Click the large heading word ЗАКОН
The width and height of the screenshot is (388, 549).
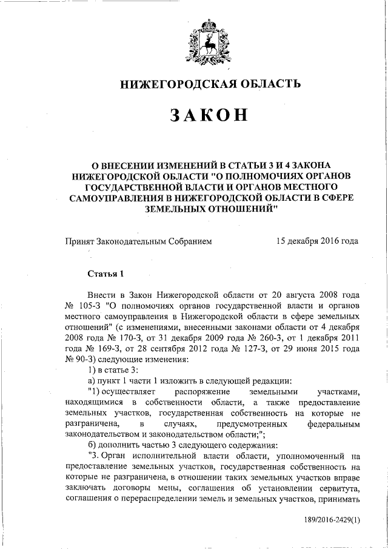pyautogui.click(x=209, y=115)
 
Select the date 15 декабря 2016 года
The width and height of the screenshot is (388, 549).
pyautogui.click(x=317, y=241)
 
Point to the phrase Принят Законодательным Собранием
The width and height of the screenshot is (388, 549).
pyautogui.click(x=139, y=241)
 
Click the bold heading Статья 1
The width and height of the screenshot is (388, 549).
pyautogui.click(x=105, y=273)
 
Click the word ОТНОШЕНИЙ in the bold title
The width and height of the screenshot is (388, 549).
pyautogui.click(x=236, y=207)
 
